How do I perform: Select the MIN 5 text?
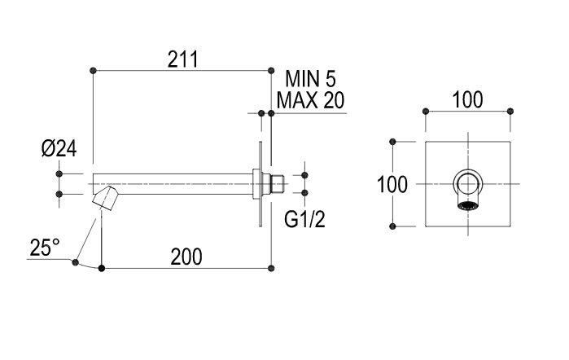[x=310, y=80]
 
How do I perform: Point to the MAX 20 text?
[x=310, y=100]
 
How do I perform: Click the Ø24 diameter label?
[x=59, y=149]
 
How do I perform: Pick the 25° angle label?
[x=45, y=247]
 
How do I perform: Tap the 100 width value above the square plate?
[x=467, y=100]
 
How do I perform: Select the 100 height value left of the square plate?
[x=393, y=184]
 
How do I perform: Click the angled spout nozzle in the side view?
[x=105, y=197]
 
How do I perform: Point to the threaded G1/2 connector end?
[x=278, y=183]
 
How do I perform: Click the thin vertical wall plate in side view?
[x=260, y=183]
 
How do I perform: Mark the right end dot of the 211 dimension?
[x=271, y=71]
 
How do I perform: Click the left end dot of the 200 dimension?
[x=101, y=267]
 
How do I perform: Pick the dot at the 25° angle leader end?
[x=76, y=261]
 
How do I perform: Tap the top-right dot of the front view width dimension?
[x=510, y=111]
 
